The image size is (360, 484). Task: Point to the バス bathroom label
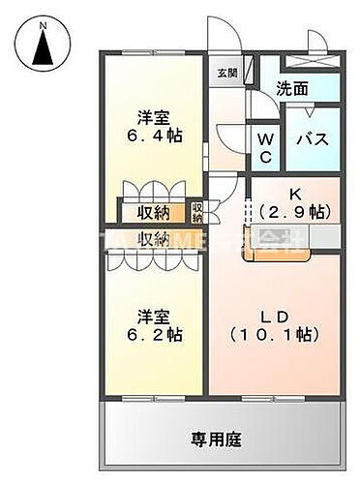tap(313, 138)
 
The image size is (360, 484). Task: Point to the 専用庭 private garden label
tap(222, 439)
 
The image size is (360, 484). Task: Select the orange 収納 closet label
tap(154, 212)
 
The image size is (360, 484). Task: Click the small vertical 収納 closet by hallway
tap(197, 210)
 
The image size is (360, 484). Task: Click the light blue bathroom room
tap(313, 137)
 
